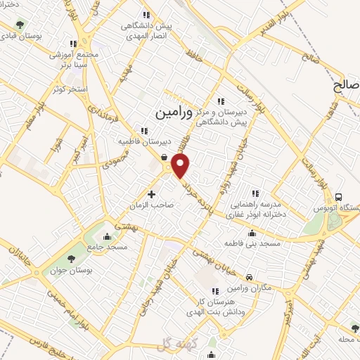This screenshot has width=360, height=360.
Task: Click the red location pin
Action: [181, 166]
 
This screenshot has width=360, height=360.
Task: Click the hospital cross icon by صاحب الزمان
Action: [151, 193]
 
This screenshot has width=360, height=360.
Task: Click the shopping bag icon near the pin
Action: [164, 157]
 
